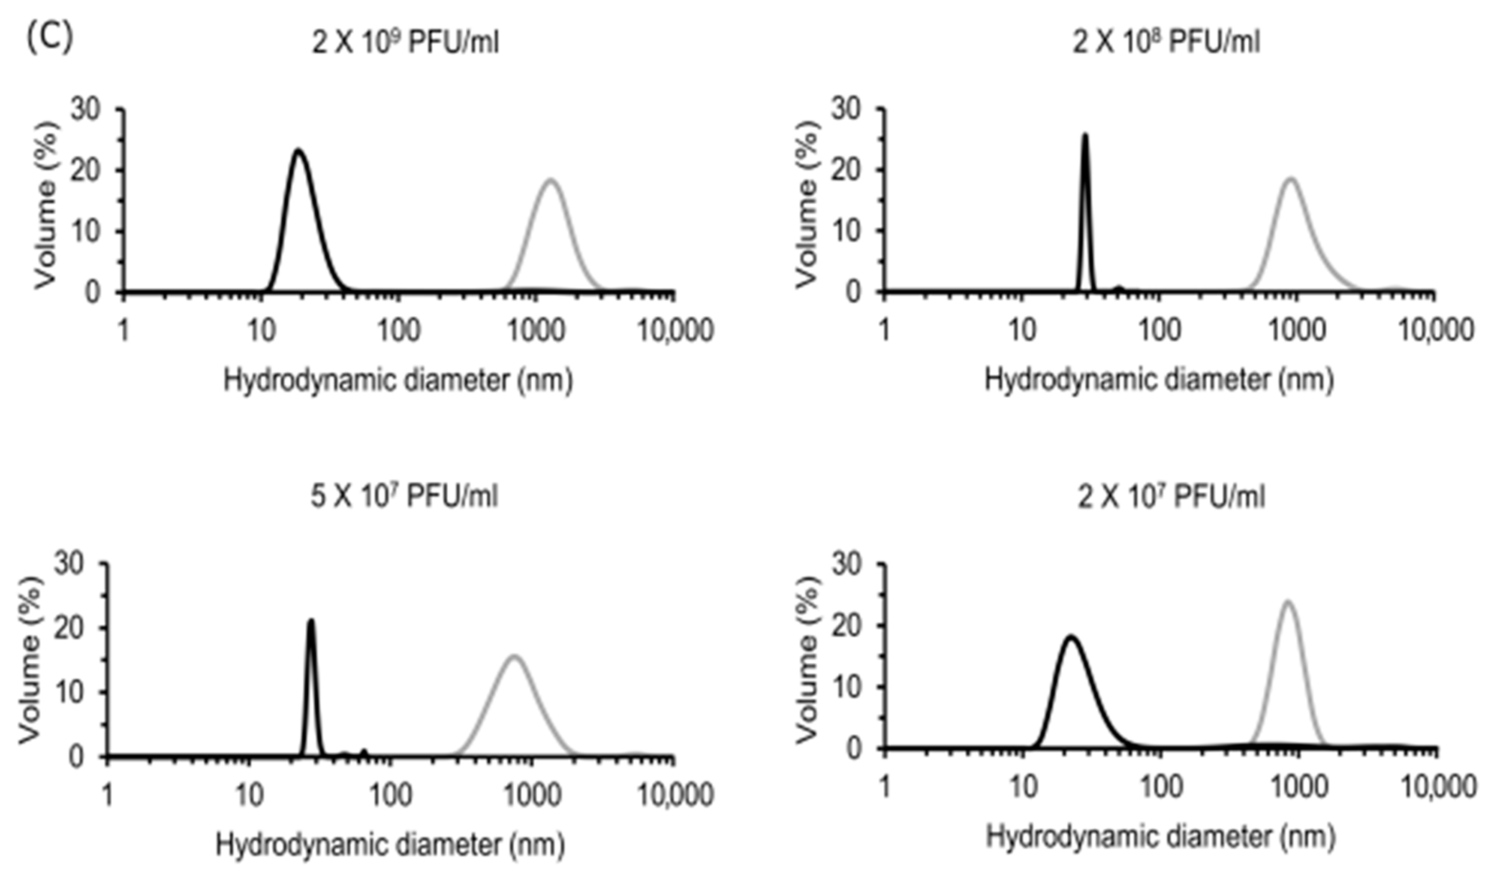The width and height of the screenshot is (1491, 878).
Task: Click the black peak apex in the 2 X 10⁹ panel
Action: tap(299, 150)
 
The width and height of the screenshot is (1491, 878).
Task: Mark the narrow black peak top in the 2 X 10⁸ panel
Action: tap(1084, 135)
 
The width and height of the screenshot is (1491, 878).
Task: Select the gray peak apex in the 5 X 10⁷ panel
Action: tap(514, 656)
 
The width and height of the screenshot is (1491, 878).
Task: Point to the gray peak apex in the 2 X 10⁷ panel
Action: tap(1288, 602)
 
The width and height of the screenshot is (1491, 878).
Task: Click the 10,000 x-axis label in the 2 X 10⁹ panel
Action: tap(675, 330)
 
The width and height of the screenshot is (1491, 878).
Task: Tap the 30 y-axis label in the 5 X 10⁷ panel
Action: tap(70, 564)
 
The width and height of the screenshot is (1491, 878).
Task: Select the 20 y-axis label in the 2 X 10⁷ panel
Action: tap(847, 626)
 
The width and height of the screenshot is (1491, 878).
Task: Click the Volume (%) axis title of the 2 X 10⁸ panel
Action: tap(806, 204)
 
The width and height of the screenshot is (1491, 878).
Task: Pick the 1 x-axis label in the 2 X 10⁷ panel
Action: tap(885, 787)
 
